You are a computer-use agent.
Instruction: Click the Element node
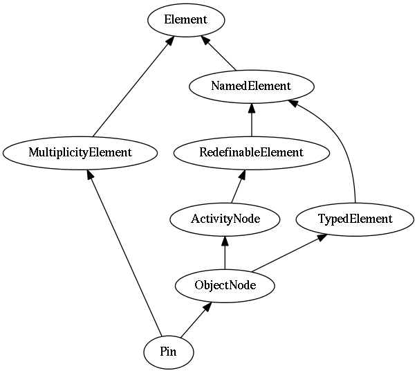(186, 20)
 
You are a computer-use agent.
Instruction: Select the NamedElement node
(252, 87)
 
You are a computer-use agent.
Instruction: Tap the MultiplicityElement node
(80, 153)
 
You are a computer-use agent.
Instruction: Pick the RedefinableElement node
(252, 153)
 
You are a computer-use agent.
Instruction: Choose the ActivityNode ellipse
(225, 219)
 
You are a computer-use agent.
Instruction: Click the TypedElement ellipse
(355, 219)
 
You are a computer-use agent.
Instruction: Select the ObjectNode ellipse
(225, 286)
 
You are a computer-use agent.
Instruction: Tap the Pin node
(169, 352)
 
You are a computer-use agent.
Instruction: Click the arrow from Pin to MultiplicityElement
(124, 253)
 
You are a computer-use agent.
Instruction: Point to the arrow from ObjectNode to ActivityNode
(225, 253)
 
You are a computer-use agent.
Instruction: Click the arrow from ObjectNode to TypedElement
(289, 253)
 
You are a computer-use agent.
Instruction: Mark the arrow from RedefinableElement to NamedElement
(252, 120)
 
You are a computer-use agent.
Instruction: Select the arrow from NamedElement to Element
(219, 53)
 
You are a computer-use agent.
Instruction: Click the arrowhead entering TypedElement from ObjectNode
(322, 237)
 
